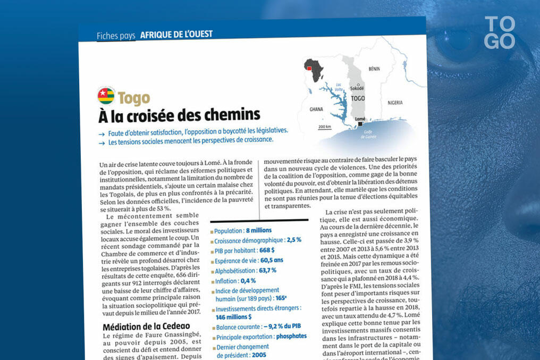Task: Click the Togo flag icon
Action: click(106, 96)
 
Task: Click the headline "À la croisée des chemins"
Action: click(179, 115)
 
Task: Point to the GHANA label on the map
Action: click(316, 109)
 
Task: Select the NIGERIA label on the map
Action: click(395, 102)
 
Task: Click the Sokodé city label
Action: click(357, 88)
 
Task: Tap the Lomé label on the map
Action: click(361, 119)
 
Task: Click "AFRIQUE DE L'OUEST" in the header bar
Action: click(176, 35)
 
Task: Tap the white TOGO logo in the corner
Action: click(500, 32)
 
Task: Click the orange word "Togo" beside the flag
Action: click(134, 98)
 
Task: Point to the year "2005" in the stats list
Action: click(259, 355)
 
